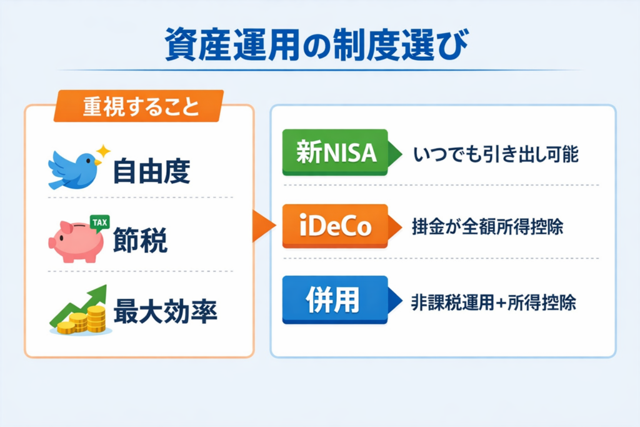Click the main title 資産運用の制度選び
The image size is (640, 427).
coord(316,44)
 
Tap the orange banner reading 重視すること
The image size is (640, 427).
coord(139,106)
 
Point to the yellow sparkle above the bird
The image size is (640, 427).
coord(103,151)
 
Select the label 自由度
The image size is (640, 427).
coord(151,172)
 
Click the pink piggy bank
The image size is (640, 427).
coord(76,241)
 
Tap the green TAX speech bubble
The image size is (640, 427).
coord(99,223)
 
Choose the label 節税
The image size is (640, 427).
coord(140,241)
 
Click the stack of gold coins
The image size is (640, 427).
coord(82,321)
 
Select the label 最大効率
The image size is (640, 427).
coord(165,311)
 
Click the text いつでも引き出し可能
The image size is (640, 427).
coord(496,154)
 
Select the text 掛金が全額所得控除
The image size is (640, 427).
coord(487,227)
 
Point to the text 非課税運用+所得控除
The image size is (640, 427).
coord(494,303)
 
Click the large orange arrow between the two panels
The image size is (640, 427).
coord(263,226)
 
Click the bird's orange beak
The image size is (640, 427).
coord(97,163)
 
